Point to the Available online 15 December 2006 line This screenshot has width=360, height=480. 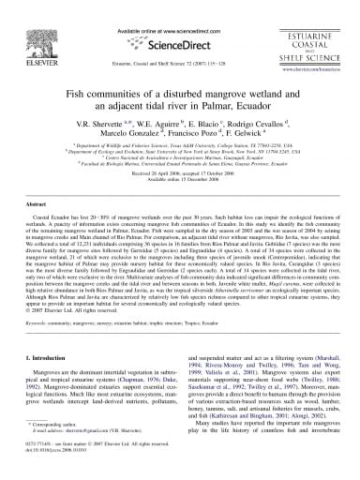(x=180, y=207)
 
